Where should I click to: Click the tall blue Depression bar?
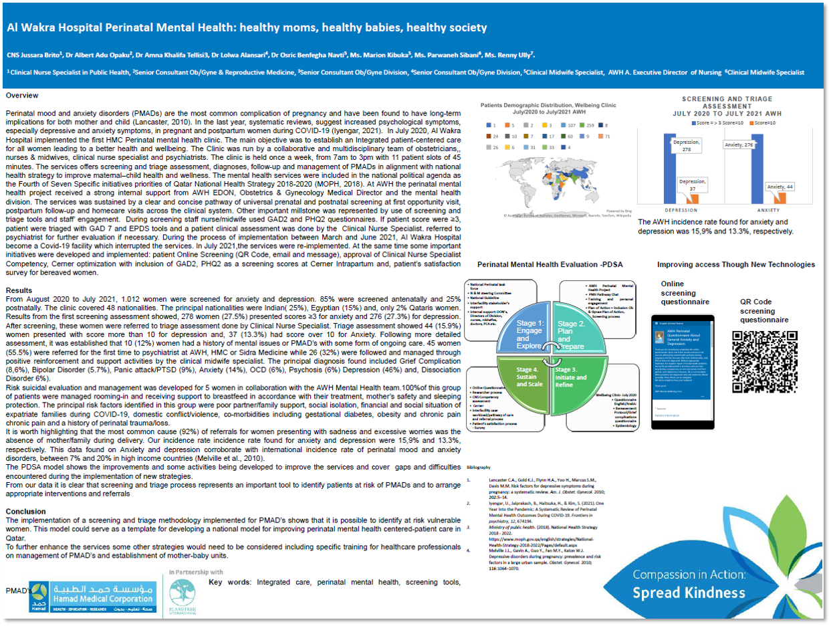click(669, 167)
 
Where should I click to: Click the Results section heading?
click(19, 291)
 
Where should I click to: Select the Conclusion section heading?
click(25, 512)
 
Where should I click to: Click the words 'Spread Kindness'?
click(689, 593)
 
